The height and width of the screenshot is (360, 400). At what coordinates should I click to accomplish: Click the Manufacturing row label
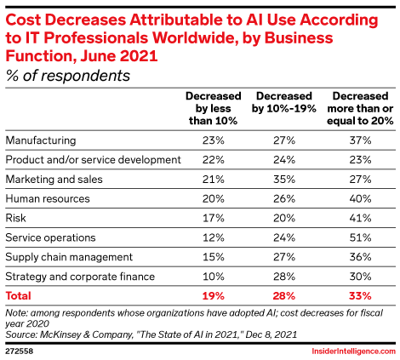pyautogui.click(x=40, y=139)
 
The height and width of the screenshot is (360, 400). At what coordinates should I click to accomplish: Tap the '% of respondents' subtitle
pyautogui.click(x=67, y=75)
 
